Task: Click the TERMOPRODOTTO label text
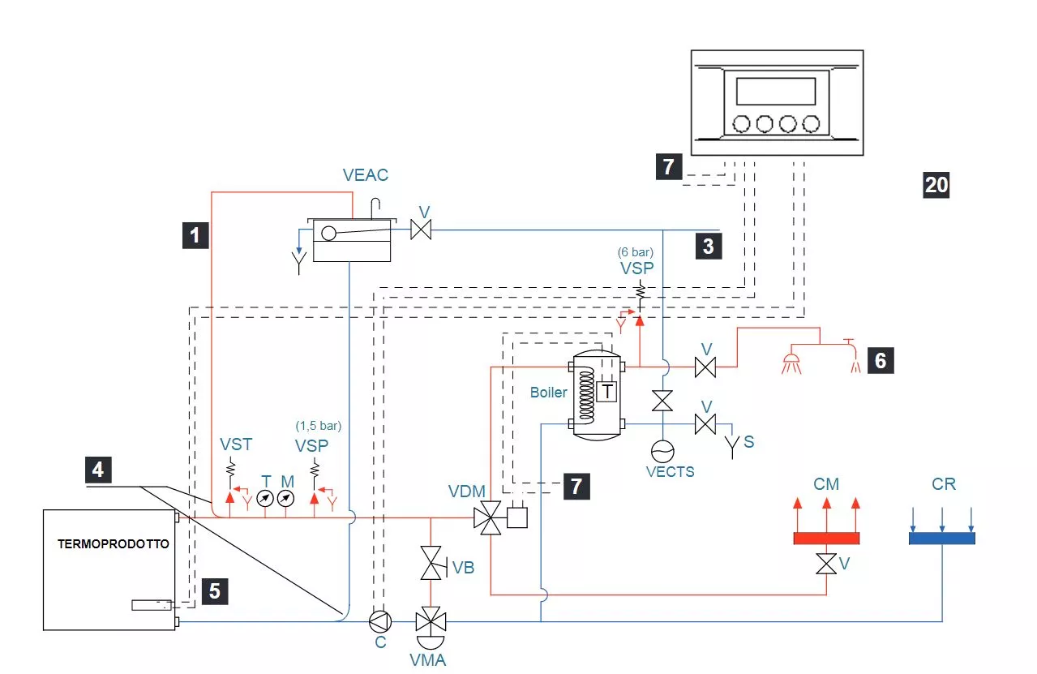114,544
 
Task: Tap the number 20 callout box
936,185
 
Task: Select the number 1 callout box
195,235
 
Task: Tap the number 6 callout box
881,359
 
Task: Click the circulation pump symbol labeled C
379,622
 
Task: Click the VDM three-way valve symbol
488,517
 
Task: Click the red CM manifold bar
825,538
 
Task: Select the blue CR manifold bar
941,538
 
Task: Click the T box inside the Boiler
606,392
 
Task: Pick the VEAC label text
366,174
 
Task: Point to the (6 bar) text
636,251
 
